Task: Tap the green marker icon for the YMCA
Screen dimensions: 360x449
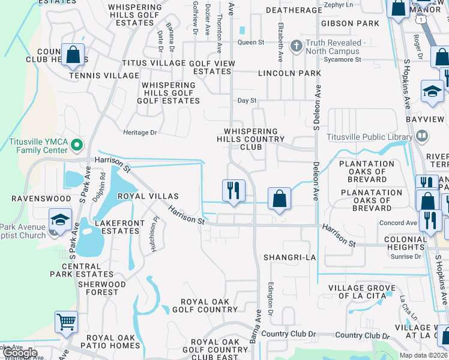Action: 77,145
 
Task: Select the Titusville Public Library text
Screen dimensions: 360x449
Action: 369,136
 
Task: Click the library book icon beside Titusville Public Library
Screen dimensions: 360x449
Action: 421,136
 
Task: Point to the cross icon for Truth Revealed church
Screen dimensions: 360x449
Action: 296,46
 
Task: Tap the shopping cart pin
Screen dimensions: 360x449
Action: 67,322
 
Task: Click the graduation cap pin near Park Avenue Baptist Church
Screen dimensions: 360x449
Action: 61,219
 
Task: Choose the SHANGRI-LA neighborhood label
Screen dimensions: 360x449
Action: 289,257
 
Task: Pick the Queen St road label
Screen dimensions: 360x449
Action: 251,43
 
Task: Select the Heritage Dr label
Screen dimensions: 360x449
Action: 139,132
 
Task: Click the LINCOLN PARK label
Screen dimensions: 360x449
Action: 289,73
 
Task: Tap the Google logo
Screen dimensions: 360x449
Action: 20,353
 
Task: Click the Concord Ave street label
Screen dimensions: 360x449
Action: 398,223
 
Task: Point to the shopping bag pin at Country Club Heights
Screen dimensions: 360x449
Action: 73,55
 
